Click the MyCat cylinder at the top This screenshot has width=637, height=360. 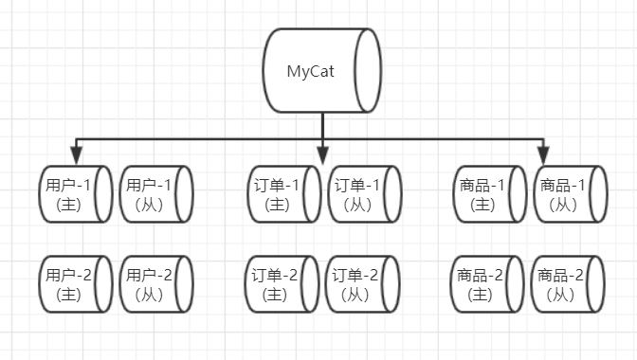322,71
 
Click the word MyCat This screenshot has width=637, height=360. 309,71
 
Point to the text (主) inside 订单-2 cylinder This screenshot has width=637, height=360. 276,294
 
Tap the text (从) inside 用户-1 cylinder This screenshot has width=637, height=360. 149,204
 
